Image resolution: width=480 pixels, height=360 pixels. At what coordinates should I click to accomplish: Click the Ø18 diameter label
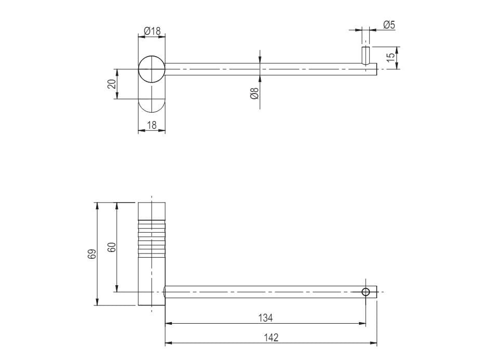point(152,31)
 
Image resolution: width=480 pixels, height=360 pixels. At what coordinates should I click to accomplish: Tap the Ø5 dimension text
point(390,24)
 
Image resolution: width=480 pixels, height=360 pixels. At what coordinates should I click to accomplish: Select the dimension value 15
point(391,58)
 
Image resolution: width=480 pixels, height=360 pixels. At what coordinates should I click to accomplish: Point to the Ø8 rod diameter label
point(255,94)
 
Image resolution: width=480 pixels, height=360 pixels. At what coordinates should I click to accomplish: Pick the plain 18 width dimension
point(152,125)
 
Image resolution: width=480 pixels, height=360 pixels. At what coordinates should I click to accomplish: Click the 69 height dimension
point(92,254)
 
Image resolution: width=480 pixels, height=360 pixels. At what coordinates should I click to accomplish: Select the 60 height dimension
point(111,247)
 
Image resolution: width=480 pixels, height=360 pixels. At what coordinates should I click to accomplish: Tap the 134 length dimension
point(265,317)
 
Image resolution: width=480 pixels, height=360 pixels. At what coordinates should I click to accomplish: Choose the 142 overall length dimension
point(271,337)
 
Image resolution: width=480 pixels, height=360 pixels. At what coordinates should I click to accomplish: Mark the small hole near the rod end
point(366,292)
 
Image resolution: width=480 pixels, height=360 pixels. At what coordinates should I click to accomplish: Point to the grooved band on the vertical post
point(152,238)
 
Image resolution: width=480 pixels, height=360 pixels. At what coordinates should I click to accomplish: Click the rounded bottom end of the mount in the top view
point(152,107)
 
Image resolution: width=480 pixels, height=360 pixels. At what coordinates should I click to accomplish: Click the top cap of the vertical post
point(152,210)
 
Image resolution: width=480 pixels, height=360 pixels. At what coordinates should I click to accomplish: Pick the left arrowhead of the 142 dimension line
point(168,343)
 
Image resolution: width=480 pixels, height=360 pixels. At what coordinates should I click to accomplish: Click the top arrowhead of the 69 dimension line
point(97,206)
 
